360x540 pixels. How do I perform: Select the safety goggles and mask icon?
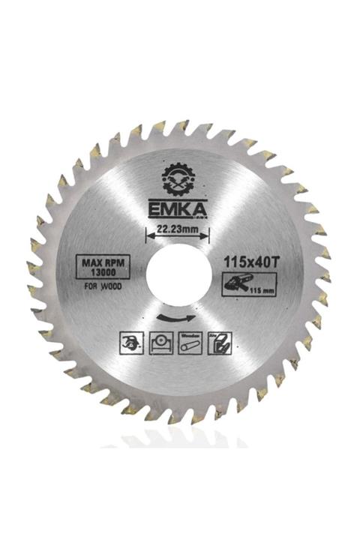130,343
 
